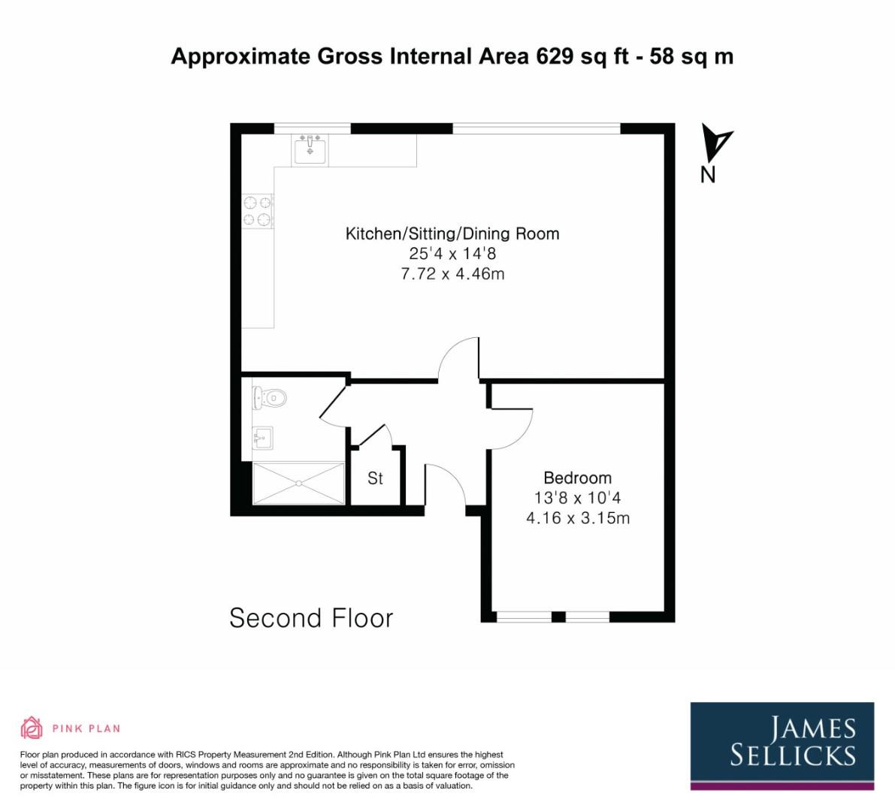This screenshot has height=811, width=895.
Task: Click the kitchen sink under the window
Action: coord(310,150)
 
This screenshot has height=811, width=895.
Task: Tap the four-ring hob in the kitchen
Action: coord(257,211)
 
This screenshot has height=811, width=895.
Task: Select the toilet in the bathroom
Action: coord(270,397)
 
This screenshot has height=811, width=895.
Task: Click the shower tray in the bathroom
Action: coord(298,484)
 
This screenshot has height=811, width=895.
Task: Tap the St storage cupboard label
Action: coord(375,478)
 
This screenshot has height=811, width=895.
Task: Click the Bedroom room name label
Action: coord(577,478)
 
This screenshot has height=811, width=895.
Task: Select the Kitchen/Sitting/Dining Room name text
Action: coord(452,234)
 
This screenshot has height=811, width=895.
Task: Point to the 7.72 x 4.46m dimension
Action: coord(452,274)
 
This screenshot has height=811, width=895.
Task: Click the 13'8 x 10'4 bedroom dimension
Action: coord(577,498)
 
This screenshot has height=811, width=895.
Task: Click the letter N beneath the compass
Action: coord(707,174)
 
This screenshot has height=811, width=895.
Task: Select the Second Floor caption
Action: coord(311,618)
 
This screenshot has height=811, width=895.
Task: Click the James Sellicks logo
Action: coord(782,743)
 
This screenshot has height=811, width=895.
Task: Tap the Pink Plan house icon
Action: coord(32,728)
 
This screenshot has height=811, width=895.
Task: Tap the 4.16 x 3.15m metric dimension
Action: coord(577,518)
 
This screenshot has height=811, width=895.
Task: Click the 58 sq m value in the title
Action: coord(691,56)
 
